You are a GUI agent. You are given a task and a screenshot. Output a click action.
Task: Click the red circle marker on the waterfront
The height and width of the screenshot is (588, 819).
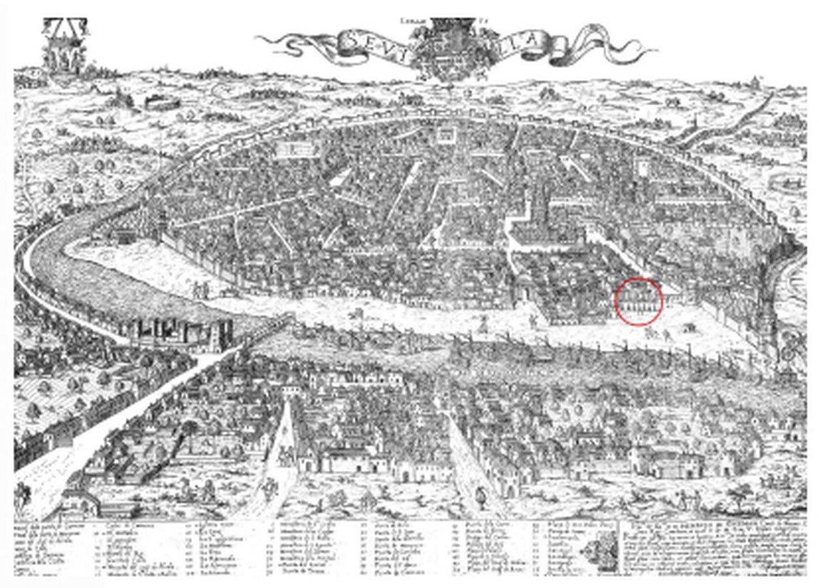point(638,302)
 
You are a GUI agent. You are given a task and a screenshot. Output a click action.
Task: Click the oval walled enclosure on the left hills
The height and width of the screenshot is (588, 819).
point(160,102)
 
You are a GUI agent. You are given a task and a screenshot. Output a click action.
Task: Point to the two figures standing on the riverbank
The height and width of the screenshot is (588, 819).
point(199,289)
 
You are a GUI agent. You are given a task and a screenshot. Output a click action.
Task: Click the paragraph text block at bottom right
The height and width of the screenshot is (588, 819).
point(712,548)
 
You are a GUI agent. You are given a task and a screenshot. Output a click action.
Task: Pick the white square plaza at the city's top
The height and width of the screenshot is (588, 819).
point(447,135)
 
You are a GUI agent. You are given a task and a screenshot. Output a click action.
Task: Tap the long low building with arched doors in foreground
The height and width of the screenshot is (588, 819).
point(349,463)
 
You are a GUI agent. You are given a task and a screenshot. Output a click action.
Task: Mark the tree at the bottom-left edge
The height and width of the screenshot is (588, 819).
point(25,491)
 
